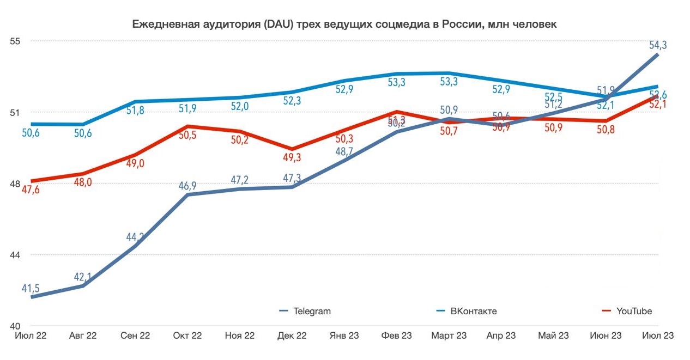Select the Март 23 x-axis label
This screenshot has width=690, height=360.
tap(449, 336)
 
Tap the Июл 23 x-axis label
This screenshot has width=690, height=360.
tap(657, 336)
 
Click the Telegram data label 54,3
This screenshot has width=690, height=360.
tap(657, 45)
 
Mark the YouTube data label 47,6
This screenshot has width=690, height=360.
tap(31, 190)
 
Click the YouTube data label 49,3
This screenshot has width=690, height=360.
tap(292, 158)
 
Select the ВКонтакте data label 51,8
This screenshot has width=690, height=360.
tap(135, 111)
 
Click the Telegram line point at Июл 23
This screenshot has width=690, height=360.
tap(657, 55)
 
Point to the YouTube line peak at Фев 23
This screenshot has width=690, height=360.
tap(396, 112)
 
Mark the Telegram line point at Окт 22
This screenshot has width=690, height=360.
tap(187, 194)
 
